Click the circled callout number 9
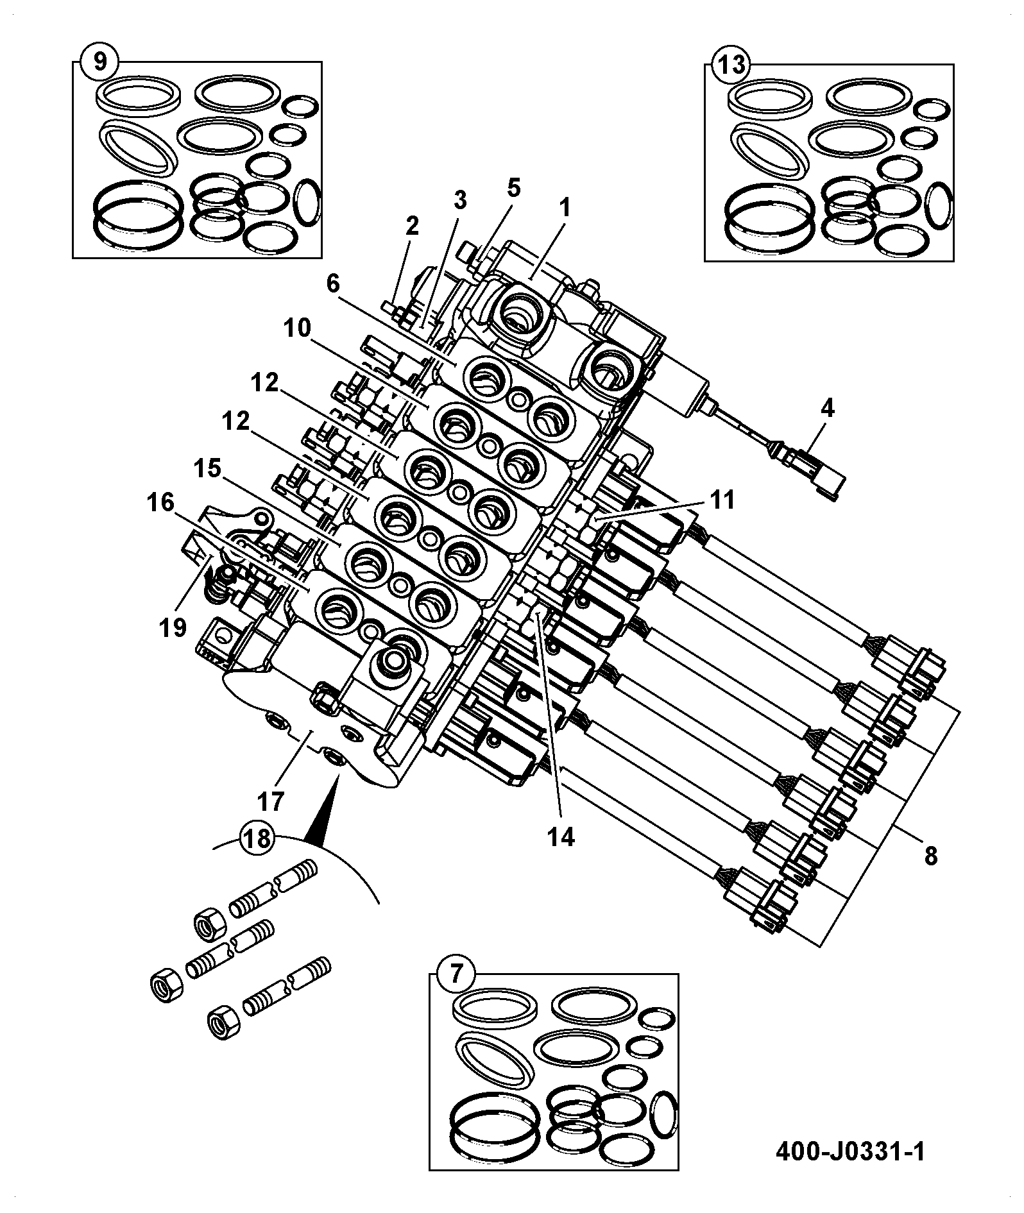tap(100, 62)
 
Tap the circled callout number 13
tap(731, 64)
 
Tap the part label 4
tap(827, 408)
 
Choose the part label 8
tap(930, 855)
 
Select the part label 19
tap(173, 627)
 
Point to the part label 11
tap(722, 500)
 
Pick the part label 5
tap(513, 187)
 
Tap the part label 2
tap(411, 225)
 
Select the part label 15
tap(207, 469)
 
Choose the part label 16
tap(160, 502)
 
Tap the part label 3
tap(459, 200)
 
